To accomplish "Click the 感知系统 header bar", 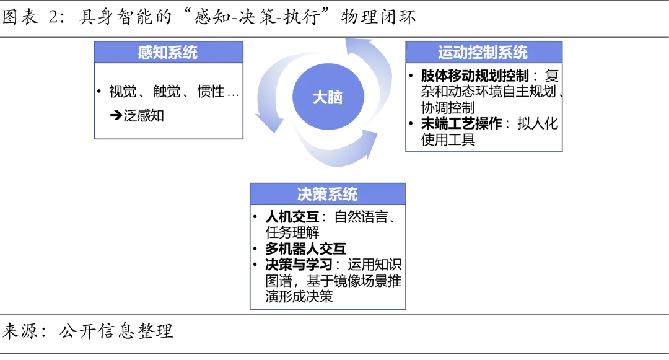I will click(x=168, y=52).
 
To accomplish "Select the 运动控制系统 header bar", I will click(x=483, y=52).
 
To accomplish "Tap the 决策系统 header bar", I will click(x=327, y=194).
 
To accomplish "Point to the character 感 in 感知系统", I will click(x=146, y=52).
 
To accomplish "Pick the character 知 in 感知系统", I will click(x=160, y=52).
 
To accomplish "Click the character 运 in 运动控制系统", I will click(x=445, y=52).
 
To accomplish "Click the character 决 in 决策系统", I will click(x=305, y=194).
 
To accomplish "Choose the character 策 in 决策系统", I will click(x=320, y=194).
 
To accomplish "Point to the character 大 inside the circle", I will click(x=319, y=97).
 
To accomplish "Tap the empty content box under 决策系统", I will click(x=327, y=257).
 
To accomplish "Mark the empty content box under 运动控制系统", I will click(x=483, y=107).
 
